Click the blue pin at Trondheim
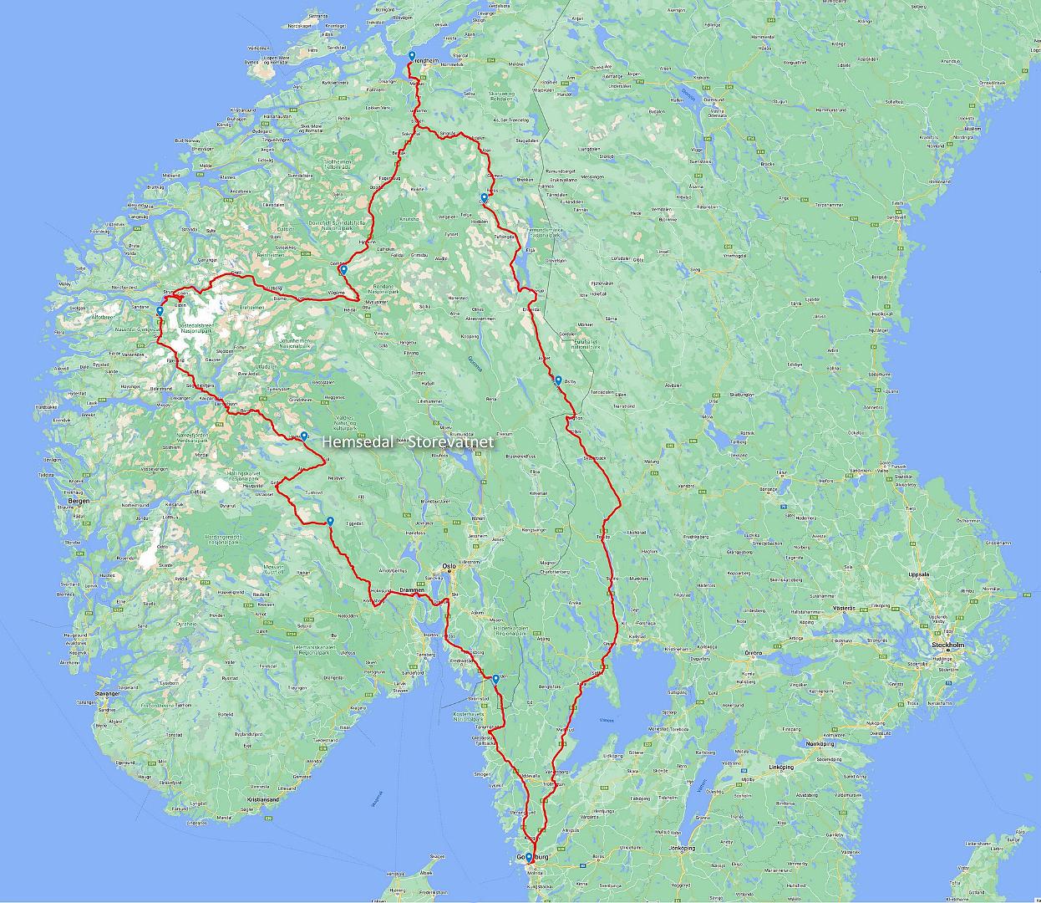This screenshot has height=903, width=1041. pos(412,57)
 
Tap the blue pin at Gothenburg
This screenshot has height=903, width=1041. pos(528,857)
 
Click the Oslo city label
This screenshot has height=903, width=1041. pos(449,565)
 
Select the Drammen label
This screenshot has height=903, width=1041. pos(414,590)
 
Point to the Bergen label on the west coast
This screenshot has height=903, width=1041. pos(79,501)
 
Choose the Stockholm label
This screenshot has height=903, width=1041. pos(947,646)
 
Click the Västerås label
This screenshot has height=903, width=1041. pos(845,607)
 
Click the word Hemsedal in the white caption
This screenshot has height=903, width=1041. pos(350,441)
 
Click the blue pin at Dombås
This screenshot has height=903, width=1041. pos(343,270)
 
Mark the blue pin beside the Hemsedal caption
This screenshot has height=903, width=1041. pos(305,436)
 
